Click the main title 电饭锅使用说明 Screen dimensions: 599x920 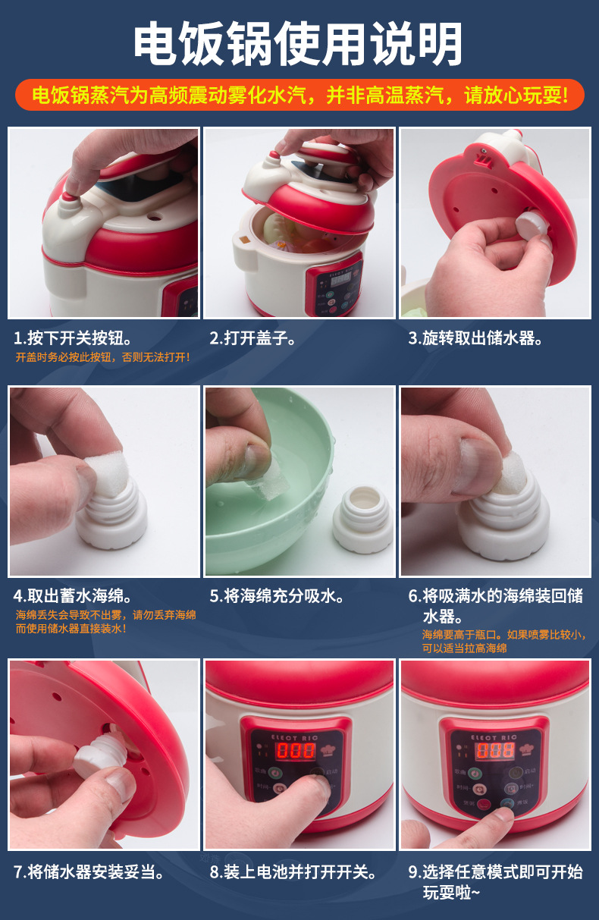299,43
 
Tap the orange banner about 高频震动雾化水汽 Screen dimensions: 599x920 299,95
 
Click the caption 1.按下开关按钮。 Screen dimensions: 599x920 73,338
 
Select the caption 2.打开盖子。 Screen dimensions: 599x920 252,338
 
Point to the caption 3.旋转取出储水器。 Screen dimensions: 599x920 475,338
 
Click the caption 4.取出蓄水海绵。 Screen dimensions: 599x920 73,596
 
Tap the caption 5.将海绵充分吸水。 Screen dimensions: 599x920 277,596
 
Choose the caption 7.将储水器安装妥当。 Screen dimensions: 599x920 89,871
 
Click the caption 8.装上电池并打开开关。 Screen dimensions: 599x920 293,871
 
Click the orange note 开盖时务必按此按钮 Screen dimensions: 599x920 102,357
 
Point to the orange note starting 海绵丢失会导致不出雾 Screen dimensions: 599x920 105,621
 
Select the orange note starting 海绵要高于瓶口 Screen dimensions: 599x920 504,641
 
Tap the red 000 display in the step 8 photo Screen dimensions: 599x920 296,750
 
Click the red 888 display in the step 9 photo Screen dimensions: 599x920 495,750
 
